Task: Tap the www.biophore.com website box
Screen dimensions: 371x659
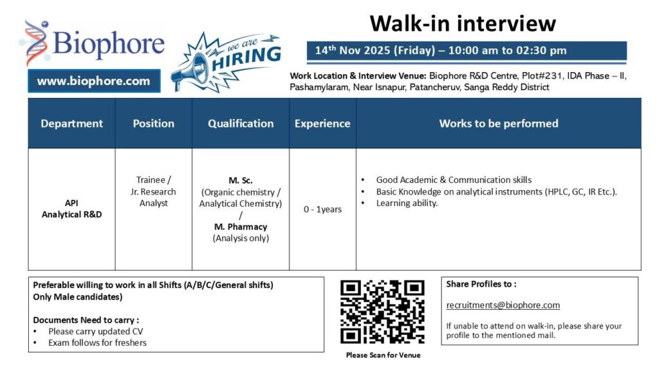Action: [93, 81]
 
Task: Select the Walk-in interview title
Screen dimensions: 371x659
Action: [462, 24]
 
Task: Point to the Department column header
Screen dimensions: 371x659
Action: [71, 123]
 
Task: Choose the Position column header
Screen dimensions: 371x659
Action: [153, 123]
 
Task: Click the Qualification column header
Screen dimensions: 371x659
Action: [241, 123]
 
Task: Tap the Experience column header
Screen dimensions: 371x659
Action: [322, 123]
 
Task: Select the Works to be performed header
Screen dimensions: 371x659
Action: [499, 123]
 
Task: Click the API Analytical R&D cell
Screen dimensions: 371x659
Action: [71, 209]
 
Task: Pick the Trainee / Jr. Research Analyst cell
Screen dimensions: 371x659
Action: [153, 191]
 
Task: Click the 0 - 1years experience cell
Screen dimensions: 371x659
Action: [322, 209]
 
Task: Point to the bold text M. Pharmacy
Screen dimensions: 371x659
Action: [241, 227]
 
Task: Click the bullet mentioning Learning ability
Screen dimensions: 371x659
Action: [407, 203]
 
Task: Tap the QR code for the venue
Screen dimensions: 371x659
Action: [382, 312]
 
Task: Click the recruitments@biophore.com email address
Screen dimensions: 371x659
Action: [503, 305]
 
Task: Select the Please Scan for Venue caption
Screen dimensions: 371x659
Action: [383, 355]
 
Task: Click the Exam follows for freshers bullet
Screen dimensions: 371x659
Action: [97, 343]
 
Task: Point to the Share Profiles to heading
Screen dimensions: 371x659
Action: [481, 284]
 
